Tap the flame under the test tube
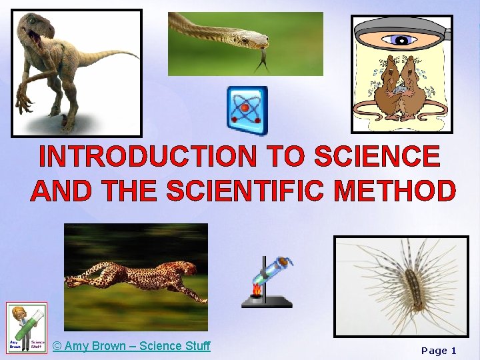tap(257, 291)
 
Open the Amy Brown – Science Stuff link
tap(131, 345)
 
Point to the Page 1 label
tap(439, 350)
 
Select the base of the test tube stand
tap(267, 304)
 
